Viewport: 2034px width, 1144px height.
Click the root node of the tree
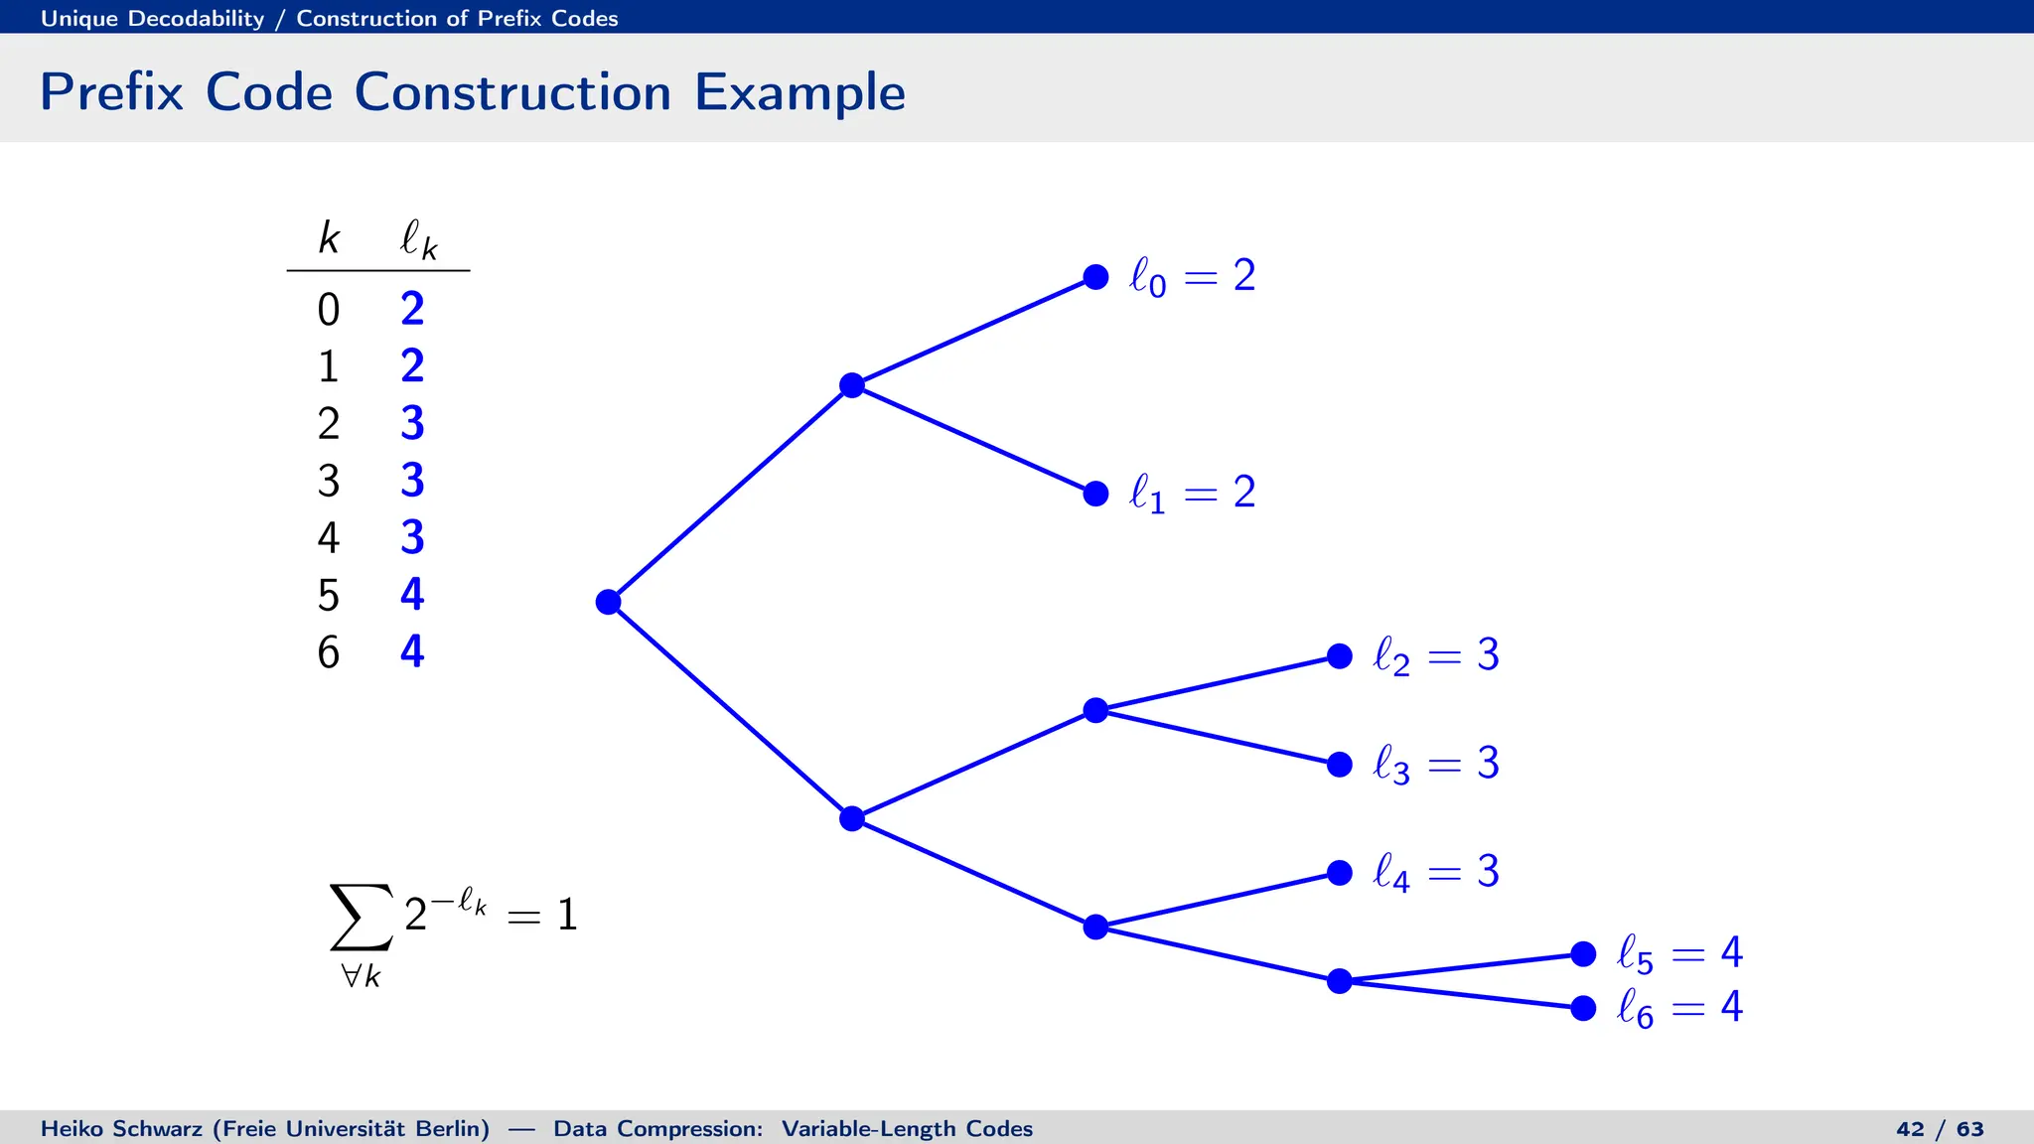click(x=609, y=602)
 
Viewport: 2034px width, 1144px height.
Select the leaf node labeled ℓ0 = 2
click(x=1095, y=277)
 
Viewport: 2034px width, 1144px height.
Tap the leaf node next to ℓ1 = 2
click(x=1095, y=494)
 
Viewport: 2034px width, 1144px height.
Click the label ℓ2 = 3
click(x=1435, y=656)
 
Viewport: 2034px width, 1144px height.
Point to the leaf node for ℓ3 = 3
click(x=1340, y=765)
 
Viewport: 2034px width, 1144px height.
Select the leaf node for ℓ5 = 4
click(x=1583, y=954)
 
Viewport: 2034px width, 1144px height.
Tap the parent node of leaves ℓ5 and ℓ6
click(x=1340, y=981)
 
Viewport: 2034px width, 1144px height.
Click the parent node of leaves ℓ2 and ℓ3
click(x=1095, y=710)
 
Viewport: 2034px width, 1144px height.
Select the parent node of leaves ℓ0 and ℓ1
click(x=852, y=385)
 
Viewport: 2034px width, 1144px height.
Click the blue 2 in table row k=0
click(x=412, y=309)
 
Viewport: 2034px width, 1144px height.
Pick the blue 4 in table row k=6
click(x=412, y=651)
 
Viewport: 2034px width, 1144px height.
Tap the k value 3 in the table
click(x=329, y=481)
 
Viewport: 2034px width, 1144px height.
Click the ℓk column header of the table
click(x=418, y=239)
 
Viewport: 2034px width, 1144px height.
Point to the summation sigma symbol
click(x=361, y=917)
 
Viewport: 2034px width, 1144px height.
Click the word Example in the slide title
click(x=799, y=92)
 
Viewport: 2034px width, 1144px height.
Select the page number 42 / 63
click(x=1940, y=1129)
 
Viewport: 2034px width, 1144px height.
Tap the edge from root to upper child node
click(x=730, y=494)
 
